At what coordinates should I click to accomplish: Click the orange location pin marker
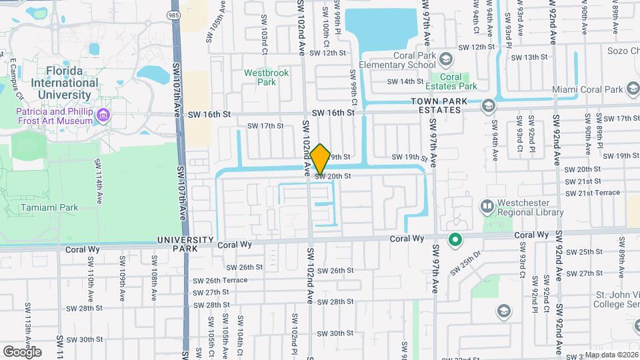320,159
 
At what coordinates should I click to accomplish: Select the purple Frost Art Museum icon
103,116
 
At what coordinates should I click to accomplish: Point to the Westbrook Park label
266,77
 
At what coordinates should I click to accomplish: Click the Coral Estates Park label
459,81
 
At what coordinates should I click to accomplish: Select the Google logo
22,351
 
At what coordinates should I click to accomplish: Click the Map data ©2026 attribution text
611,355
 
